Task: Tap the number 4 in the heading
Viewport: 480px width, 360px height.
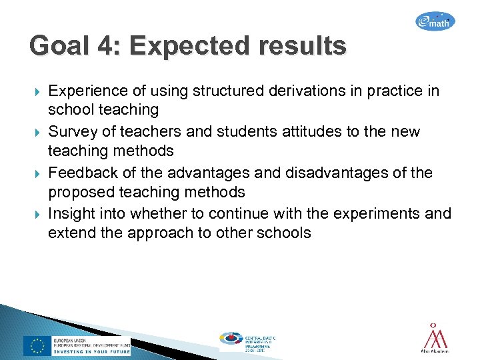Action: click(107, 47)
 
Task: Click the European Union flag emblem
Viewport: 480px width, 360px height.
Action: click(37, 345)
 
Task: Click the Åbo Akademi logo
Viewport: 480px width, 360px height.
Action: click(435, 339)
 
